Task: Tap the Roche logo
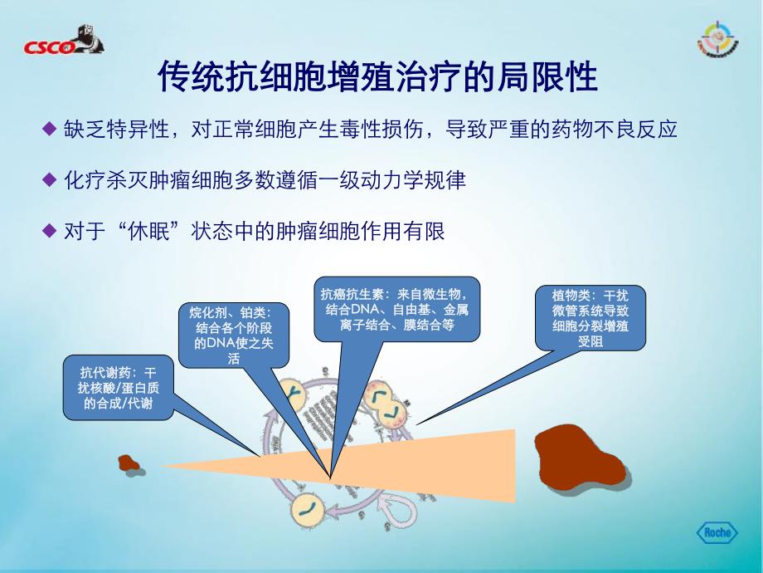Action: coord(715,532)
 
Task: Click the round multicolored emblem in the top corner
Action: coord(714,41)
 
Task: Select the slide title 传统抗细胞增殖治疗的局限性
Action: coord(377,80)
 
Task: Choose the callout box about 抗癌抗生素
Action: coord(400,309)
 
